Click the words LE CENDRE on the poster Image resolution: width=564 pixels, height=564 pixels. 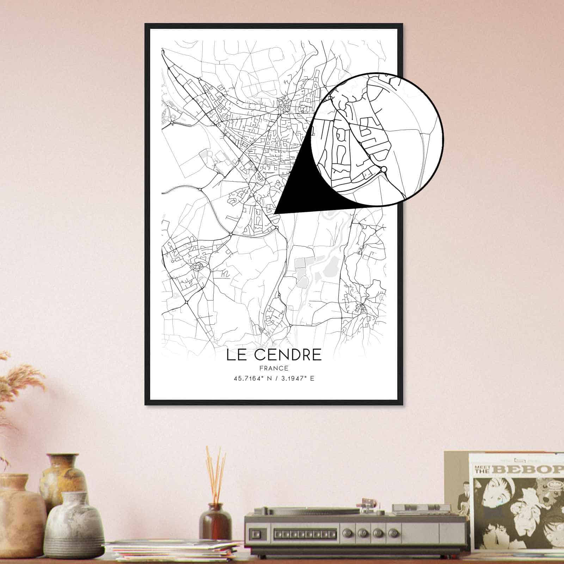pyautogui.click(x=274, y=355)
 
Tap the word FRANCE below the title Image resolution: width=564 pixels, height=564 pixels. pyautogui.click(x=274, y=368)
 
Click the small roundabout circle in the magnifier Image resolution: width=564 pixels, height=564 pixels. pyautogui.click(x=384, y=170)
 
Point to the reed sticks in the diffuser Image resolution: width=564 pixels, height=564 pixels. pyautogui.click(x=215, y=472)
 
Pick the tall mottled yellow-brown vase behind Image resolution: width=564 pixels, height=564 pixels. pyautogui.click(x=63, y=476)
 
